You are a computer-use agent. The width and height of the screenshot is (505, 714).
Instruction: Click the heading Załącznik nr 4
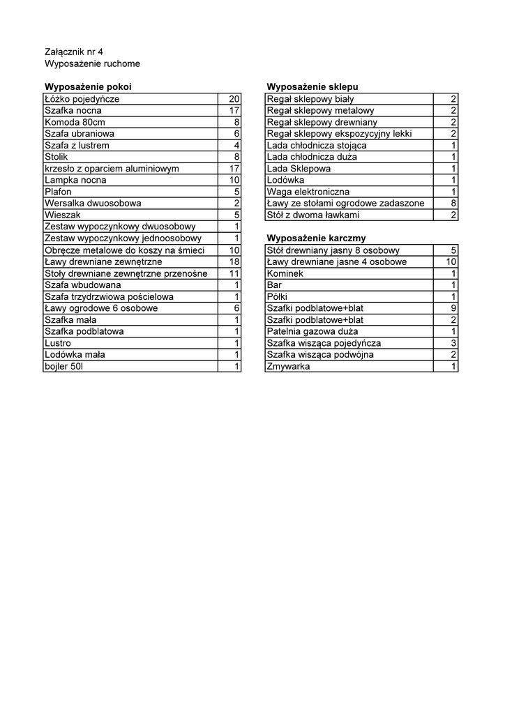pyautogui.click(x=73, y=52)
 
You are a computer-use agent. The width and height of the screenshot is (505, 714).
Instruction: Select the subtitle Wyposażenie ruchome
pyautogui.click(x=92, y=63)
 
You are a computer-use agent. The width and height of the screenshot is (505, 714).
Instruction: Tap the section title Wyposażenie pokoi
pyautogui.click(x=88, y=87)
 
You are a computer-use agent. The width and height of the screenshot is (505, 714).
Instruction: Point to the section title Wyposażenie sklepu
pyautogui.click(x=312, y=87)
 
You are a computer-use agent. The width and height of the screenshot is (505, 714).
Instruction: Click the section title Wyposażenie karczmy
pyautogui.click(x=316, y=238)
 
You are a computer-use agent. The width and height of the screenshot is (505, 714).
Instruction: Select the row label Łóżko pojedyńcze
pyautogui.click(x=82, y=99)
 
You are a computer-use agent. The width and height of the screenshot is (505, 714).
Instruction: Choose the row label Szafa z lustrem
pyautogui.click(x=77, y=145)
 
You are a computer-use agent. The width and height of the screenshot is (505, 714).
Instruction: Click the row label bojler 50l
pyautogui.click(x=63, y=366)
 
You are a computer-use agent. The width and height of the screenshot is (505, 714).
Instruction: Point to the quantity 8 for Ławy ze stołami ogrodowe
pyautogui.click(x=453, y=204)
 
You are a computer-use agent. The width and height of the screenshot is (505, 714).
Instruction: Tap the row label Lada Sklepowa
pyautogui.click(x=299, y=169)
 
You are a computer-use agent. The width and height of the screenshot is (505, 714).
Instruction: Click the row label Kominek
pyautogui.click(x=286, y=273)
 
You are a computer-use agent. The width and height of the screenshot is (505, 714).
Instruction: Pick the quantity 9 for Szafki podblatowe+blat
pyautogui.click(x=453, y=308)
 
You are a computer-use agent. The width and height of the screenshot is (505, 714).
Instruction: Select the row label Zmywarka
pyautogui.click(x=289, y=366)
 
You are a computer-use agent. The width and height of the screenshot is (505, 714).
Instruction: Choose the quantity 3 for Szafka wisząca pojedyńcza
pyautogui.click(x=453, y=343)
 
